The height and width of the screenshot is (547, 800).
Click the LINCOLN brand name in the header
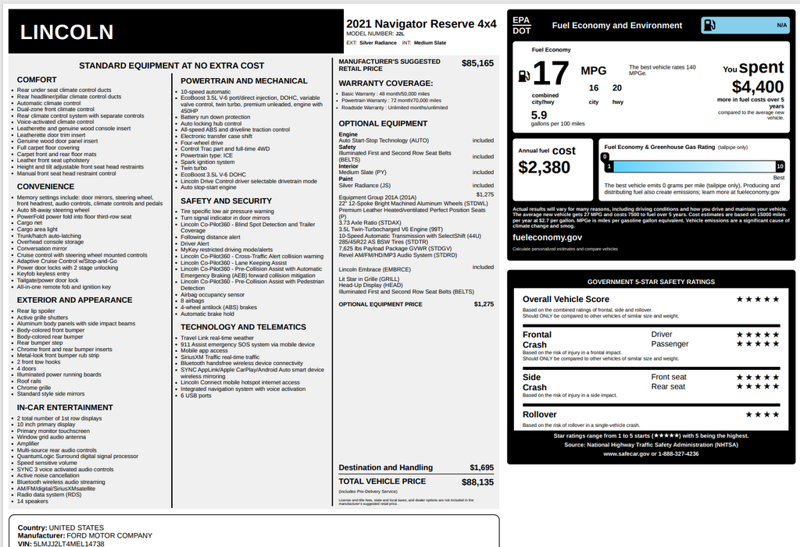click(66, 32)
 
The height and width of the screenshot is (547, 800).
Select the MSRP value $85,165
click(477, 63)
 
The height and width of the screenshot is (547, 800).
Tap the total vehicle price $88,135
click(477, 482)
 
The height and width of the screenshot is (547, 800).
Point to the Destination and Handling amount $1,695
click(481, 467)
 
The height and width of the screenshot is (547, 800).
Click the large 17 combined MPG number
click(551, 73)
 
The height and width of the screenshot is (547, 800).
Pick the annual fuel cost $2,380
click(545, 168)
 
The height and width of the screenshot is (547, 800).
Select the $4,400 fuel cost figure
click(757, 87)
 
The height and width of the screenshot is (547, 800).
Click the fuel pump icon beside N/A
click(709, 25)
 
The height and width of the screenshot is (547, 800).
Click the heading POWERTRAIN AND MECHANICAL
click(244, 80)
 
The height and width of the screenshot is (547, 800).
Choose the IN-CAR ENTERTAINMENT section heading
click(65, 407)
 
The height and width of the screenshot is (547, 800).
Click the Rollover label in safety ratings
click(539, 414)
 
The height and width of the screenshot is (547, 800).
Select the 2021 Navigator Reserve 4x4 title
click(420, 24)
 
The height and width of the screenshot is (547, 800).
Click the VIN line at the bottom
click(60, 543)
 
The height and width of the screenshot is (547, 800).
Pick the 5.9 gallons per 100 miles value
click(539, 115)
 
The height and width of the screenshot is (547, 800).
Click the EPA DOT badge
click(521, 25)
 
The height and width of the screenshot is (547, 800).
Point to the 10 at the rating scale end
click(779, 166)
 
